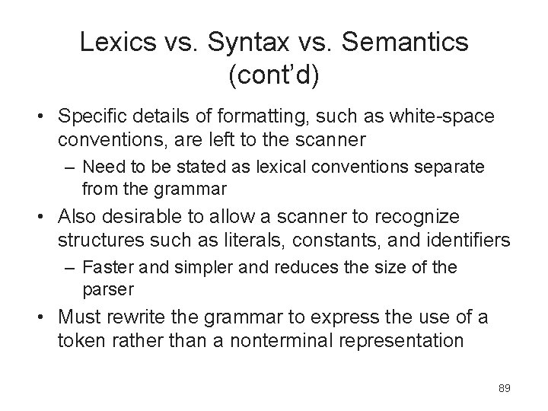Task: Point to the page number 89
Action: [x=504, y=388]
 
